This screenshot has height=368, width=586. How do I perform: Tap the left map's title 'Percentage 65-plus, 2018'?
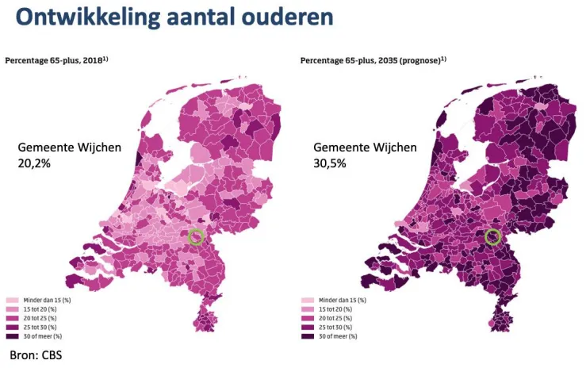pos(56,60)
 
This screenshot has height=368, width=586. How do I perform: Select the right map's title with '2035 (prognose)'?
pos(373,60)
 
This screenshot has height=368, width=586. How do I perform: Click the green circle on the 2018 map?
pos(196,236)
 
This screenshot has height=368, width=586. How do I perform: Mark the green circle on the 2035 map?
pos(492,236)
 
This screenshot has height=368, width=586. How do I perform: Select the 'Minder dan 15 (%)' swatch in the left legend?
pos(12,301)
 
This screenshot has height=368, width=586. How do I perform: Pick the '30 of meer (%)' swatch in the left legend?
pos(12,336)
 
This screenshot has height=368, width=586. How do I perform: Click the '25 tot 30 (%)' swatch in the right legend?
pos(308,328)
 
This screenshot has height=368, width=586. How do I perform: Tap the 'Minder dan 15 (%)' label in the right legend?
pos(343,301)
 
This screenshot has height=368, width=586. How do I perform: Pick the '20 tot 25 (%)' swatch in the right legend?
pos(308,318)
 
